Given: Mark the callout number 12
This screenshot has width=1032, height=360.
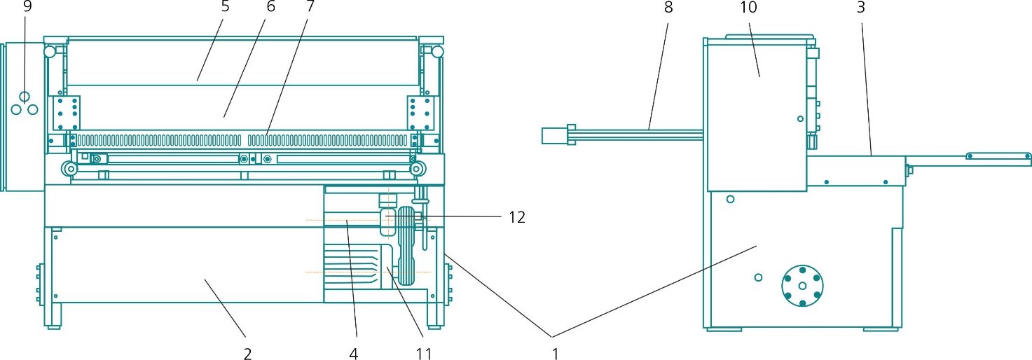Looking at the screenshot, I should tap(518, 218).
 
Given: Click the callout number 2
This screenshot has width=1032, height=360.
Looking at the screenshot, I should tap(247, 354).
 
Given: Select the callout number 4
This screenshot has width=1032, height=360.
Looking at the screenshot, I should tap(354, 354).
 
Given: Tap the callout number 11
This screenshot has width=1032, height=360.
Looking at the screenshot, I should tap(423, 354).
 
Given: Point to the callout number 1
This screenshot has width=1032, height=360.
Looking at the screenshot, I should tap(555, 354).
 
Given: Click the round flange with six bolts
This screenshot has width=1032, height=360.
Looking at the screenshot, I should tap(802, 285).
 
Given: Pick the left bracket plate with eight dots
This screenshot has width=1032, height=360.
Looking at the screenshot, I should tap(68, 112).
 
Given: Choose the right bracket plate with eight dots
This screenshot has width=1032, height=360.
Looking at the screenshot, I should tap(422, 112).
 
